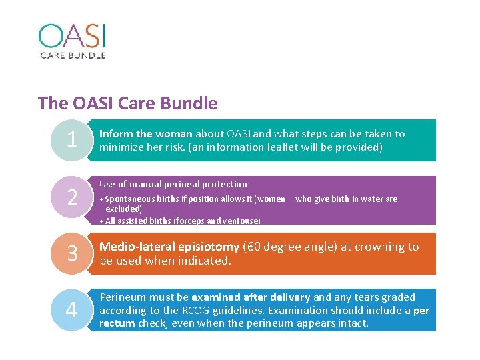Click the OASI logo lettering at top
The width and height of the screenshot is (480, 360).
[x=71, y=36]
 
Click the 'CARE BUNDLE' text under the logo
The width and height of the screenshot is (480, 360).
[x=73, y=55]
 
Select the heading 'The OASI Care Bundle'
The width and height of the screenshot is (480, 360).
[x=128, y=103]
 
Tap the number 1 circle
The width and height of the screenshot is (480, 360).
[x=72, y=140]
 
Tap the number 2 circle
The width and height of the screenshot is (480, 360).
[x=72, y=197]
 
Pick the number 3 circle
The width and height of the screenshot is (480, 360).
[x=72, y=254]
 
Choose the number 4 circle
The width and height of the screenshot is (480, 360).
[x=72, y=310]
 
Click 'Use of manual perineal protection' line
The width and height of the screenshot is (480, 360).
[x=173, y=184]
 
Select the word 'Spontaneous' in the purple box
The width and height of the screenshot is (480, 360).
[x=132, y=199]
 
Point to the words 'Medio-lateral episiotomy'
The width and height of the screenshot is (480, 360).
[x=169, y=247]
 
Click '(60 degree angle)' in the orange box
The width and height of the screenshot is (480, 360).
[x=291, y=247]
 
